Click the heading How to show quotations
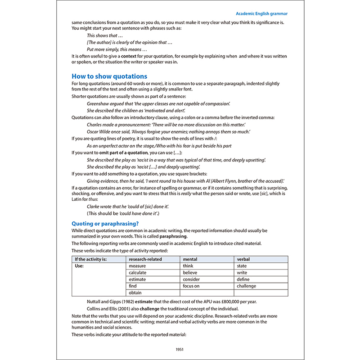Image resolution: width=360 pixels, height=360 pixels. point(109,76)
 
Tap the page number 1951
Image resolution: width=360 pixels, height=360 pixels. point(180,349)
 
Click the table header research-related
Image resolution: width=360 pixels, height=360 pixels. point(145,259)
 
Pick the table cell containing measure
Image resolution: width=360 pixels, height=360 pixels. point(137,266)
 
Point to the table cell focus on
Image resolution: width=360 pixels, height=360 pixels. point(191,286)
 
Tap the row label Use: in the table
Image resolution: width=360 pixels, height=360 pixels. point(80,266)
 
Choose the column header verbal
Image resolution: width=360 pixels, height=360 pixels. point(243,259)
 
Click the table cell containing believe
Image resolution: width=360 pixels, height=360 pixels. point(190,273)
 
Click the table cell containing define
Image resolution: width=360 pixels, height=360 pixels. point(244,279)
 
